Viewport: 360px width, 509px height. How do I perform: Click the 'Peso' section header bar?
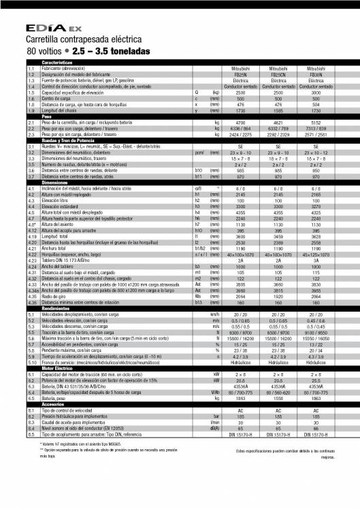point(48,116)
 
